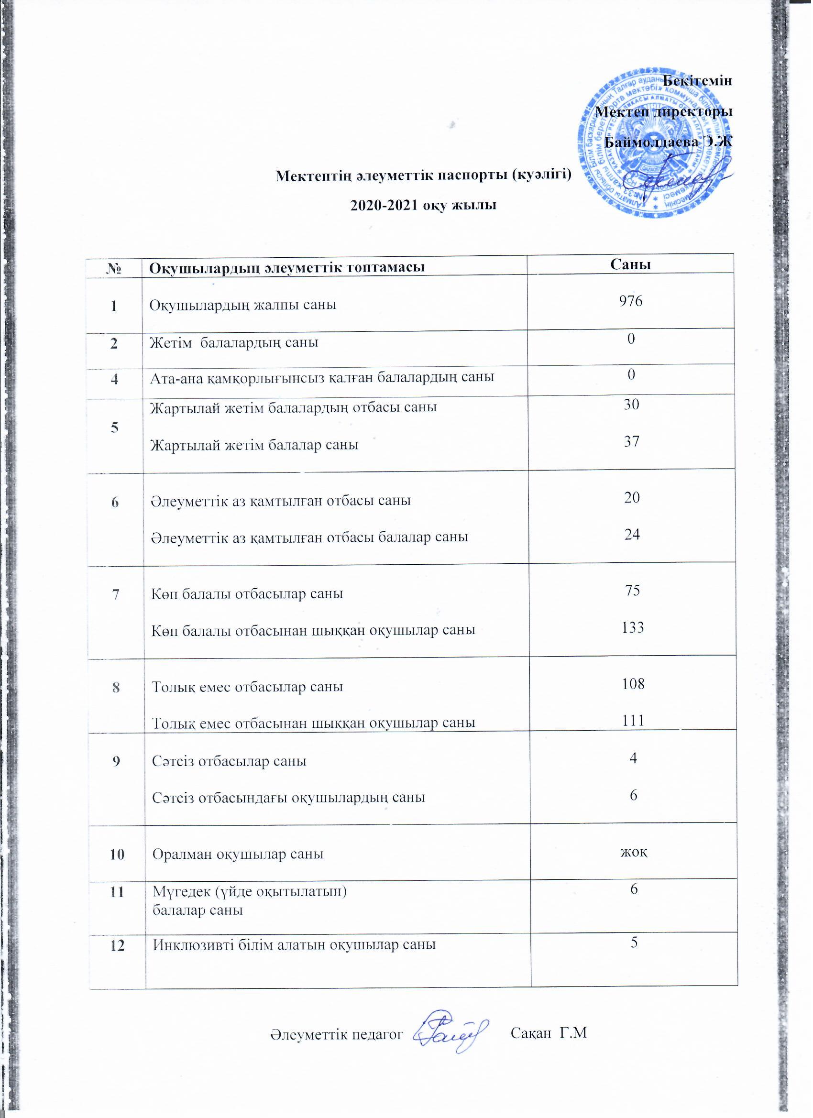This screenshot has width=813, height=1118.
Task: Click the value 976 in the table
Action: coord(632,301)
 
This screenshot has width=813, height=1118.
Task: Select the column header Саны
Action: coord(631,265)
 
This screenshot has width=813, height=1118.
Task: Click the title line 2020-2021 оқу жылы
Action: coord(423,205)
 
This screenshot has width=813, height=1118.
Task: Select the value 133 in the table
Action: coord(633,627)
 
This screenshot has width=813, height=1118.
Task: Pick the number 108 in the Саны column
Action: coord(633,684)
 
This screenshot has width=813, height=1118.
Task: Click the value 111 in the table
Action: coord(633,721)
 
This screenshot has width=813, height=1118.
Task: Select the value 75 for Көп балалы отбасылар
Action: coord(633,591)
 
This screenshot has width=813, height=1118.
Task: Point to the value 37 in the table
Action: coord(632,441)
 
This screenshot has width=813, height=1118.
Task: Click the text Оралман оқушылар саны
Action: coord(238,854)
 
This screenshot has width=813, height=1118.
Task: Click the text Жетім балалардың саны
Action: coord(234,342)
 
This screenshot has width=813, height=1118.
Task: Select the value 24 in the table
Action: coord(632,534)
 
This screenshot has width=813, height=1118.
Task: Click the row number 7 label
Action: coord(116,594)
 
